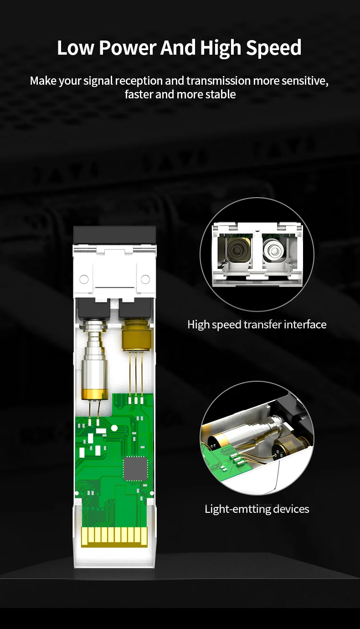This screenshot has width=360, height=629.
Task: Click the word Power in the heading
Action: (x=127, y=48)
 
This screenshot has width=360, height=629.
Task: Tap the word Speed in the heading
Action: (x=274, y=48)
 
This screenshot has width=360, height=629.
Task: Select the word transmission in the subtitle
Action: (x=218, y=81)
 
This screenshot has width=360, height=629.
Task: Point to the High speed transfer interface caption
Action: (x=257, y=325)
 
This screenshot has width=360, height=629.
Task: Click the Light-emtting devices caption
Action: (x=257, y=509)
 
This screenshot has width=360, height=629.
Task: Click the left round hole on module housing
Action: (x=84, y=279)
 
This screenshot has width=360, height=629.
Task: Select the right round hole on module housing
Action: (x=145, y=279)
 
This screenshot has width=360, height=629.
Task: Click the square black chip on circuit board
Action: (x=135, y=468)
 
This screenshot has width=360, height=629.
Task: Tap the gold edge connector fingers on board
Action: (x=114, y=537)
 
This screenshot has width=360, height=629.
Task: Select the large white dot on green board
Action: (x=114, y=428)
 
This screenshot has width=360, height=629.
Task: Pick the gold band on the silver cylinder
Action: (x=94, y=394)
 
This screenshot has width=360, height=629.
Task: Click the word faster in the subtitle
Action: (x=139, y=94)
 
